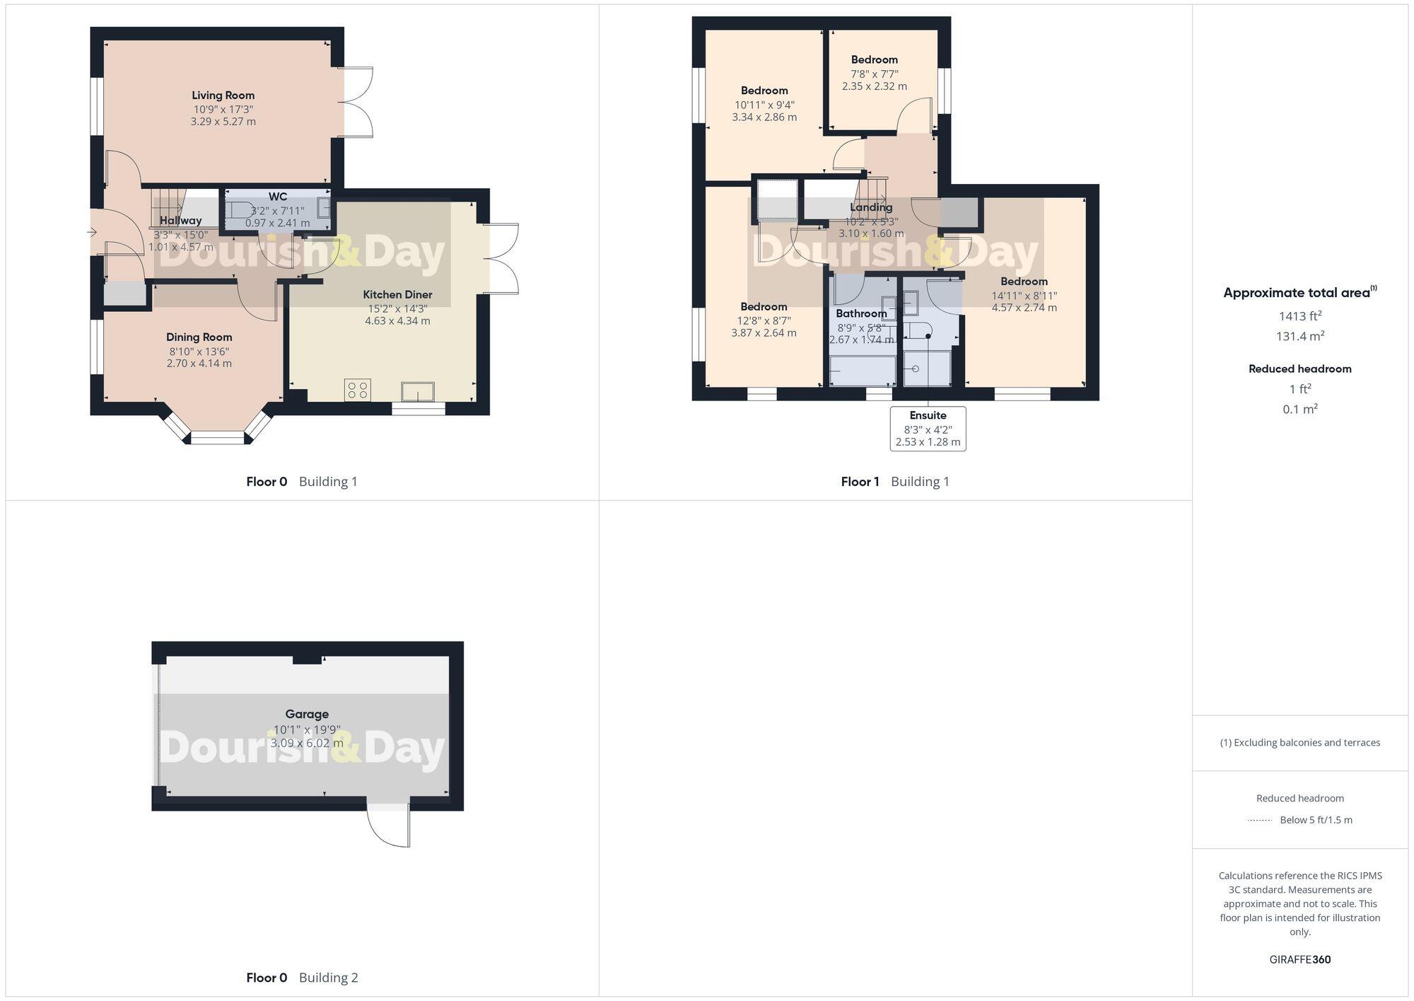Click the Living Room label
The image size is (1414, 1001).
pos(223,95)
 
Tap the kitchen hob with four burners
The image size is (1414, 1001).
pos(358,390)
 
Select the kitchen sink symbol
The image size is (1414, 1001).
pos(417,391)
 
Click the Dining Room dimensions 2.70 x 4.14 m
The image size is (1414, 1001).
pos(199,364)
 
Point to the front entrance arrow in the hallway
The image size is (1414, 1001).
pos(92,232)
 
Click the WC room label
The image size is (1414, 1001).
pos(278,197)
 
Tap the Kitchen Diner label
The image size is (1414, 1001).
pos(397,294)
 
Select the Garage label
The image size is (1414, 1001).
pos(307,714)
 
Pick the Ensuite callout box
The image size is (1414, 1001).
pos(928,429)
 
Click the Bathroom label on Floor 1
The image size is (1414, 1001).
pos(860,313)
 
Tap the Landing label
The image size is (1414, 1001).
pos(871,207)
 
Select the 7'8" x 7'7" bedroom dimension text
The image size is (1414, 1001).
pos(875,74)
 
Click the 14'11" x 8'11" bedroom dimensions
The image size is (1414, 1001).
pos(1024,296)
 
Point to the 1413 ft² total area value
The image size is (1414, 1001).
pos(1299,316)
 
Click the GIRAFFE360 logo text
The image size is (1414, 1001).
pos(1299,959)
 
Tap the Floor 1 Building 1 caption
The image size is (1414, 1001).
pos(894,482)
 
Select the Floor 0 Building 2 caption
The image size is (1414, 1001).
pos(302,978)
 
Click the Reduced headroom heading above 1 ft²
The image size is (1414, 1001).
pos(1299,369)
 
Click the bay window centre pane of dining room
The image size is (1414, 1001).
pos(218,439)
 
